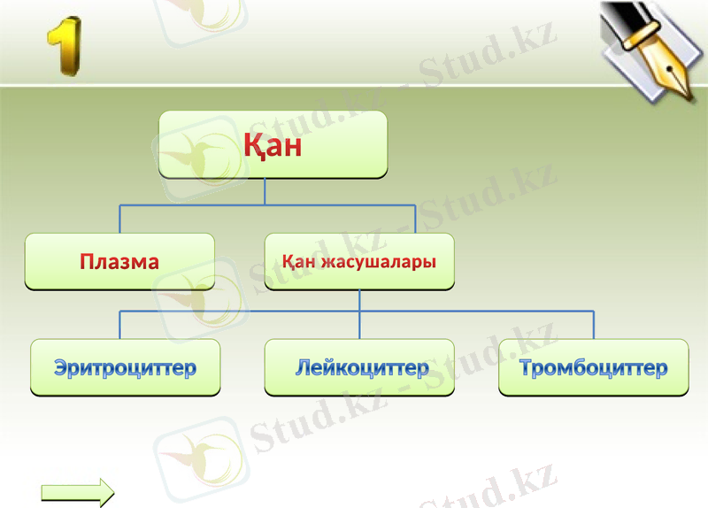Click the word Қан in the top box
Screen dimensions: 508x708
(x=273, y=145)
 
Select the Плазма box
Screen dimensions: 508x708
(x=119, y=262)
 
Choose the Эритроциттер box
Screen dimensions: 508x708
(x=125, y=367)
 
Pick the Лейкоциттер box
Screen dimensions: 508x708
(x=359, y=367)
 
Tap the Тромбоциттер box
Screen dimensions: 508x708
(x=593, y=367)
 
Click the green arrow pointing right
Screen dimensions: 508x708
(x=78, y=492)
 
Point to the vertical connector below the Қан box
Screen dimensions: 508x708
(x=265, y=192)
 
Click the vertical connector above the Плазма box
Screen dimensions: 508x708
(x=120, y=219)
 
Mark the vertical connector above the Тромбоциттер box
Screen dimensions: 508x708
(x=593, y=325)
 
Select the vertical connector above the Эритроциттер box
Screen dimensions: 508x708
(x=120, y=325)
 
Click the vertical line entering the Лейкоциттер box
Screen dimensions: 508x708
(x=359, y=326)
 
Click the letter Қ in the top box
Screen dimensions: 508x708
(x=255, y=145)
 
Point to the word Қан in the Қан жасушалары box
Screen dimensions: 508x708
(x=300, y=262)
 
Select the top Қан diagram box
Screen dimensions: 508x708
(x=273, y=144)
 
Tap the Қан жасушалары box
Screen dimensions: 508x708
(x=359, y=262)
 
